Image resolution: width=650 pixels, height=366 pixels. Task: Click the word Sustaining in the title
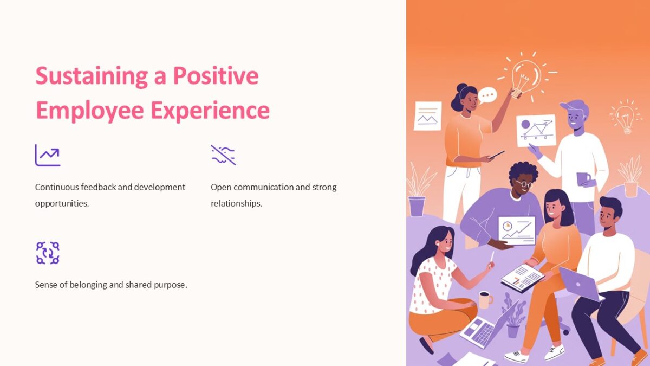92,76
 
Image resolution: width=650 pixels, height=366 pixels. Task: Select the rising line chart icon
48,155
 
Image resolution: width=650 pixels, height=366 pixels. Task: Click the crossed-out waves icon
223,155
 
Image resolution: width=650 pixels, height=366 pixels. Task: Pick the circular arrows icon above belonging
48,253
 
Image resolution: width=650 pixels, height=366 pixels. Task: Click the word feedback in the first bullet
96,187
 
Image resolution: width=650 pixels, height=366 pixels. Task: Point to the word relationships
236,204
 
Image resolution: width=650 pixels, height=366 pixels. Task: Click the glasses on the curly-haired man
523,184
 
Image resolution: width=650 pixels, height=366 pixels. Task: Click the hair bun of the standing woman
461,88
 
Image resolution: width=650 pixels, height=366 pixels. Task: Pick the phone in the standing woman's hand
496,155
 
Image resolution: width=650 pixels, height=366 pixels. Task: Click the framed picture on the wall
427,115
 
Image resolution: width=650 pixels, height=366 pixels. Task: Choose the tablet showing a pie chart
516,230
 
